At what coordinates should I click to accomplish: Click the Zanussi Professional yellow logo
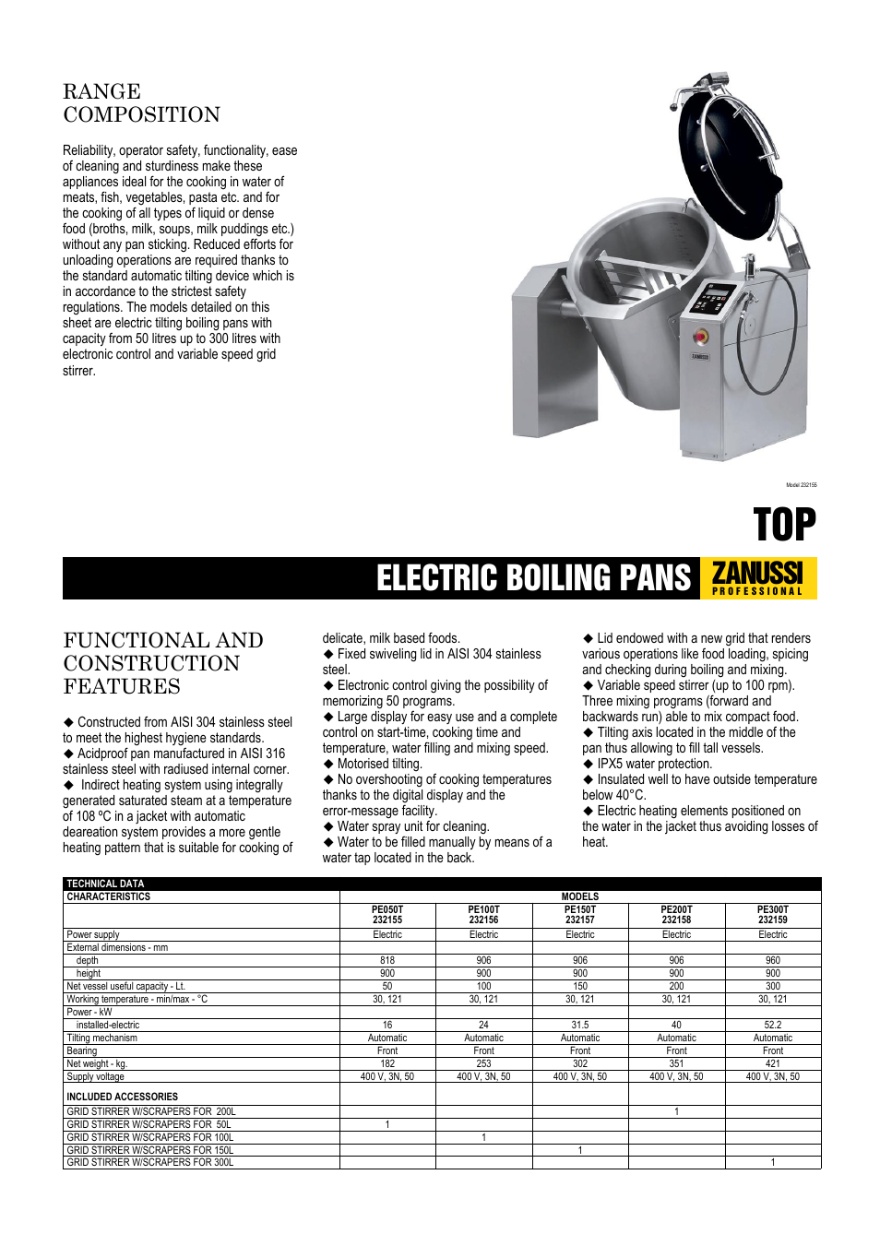click(x=758, y=578)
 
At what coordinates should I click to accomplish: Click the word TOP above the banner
click(x=784, y=525)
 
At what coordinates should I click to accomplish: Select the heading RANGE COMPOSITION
click(x=141, y=103)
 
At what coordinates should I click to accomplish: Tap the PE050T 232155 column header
click(x=387, y=914)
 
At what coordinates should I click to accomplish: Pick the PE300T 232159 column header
click(x=772, y=914)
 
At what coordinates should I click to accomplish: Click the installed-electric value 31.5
click(x=579, y=1025)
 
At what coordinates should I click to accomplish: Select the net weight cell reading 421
click(x=772, y=1063)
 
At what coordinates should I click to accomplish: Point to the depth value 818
click(x=387, y=960)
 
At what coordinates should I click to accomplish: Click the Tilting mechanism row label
click(x=101, y=1038)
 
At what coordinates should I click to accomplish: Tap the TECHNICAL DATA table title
click(x=105, y=884)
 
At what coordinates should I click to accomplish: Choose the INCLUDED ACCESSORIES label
click(x=122, y=1097)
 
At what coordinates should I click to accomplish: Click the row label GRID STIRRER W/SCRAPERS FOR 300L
click(x=149, y=1162)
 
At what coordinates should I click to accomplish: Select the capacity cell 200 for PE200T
click(x=676, y=986)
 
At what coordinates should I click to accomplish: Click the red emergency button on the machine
click(x=700, y=336)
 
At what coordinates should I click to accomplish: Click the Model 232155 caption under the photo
click(x=801, y=485)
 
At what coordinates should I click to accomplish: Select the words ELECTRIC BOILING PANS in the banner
click(x=533, y=578)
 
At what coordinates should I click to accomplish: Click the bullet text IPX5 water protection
click(x=654, y=764)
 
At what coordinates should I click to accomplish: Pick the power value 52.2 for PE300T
click(x=772, y=1025)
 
